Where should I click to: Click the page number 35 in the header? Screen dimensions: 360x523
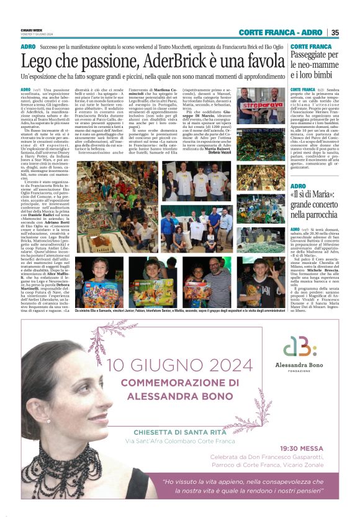[335, 33]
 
